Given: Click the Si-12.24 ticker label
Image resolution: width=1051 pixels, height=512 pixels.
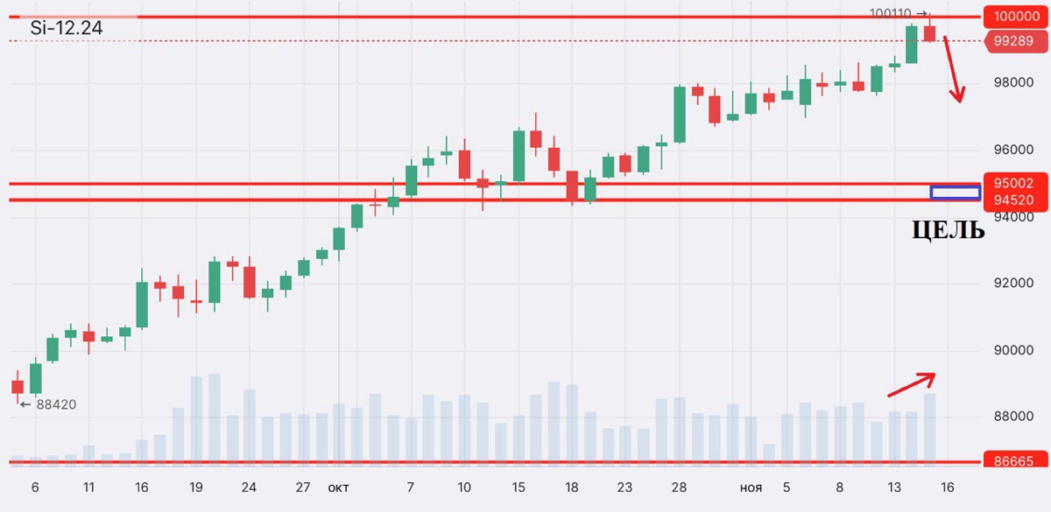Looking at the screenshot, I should [x=67, y=28].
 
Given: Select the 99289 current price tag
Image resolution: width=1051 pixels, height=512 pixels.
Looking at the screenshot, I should [x=1013, y=40].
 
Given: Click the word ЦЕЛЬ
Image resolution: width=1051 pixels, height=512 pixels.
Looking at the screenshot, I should [x=948, y=230].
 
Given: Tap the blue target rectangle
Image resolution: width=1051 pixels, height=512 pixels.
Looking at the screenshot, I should [x=955, y=192].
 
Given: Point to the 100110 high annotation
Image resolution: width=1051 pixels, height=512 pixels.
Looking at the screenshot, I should [x=892, y=13].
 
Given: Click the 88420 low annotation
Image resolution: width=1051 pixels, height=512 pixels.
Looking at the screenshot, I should [x=53, y=405].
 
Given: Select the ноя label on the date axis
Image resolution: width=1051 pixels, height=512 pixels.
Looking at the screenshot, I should [x=751, y=487].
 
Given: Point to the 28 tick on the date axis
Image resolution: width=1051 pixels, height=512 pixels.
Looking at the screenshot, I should [x=680, y=487].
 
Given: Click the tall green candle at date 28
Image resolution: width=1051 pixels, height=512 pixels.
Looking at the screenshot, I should [x=680, y=114].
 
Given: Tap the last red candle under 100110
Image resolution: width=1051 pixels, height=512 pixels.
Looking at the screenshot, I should [x=929, y=32].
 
